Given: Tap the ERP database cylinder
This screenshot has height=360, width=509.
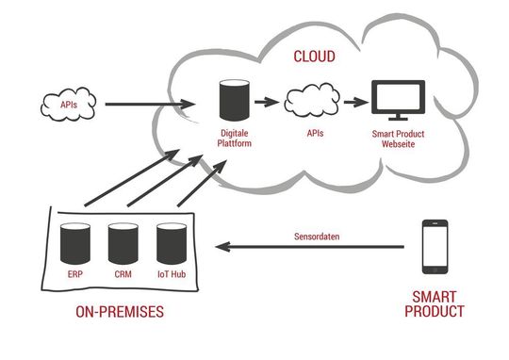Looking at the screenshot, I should (74, 244).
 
